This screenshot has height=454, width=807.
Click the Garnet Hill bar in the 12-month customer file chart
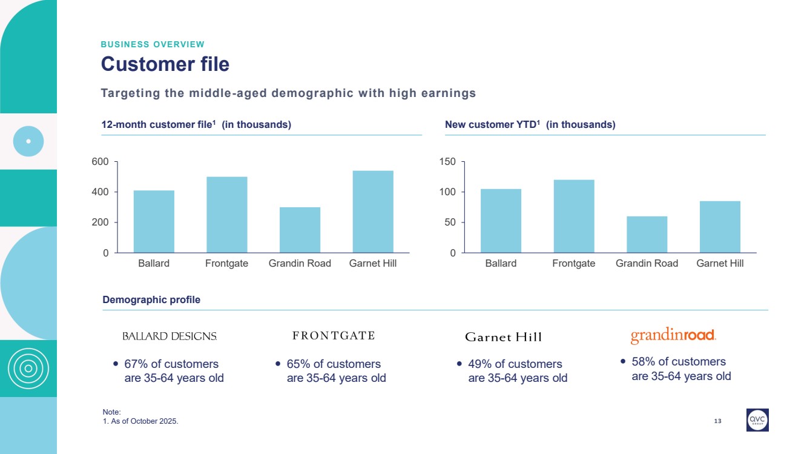click(x=372, y=212)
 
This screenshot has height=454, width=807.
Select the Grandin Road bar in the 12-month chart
click(x=300, y=230)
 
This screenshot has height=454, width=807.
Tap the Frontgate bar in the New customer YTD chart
click(x=574, y=216)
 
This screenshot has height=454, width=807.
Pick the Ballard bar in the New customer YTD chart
click(x=501, y=221)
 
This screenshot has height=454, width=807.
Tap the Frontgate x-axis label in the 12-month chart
click(x=226, y=264)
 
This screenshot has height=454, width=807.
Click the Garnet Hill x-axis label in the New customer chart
click(x=720, y=264)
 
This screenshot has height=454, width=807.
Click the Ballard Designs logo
click(x=170, y=336)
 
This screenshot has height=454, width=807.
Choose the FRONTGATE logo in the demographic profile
click(x=334, y=336)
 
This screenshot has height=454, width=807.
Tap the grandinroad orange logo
click(x=673, y=336)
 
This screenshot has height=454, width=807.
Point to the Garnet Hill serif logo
click(x=503, y=337)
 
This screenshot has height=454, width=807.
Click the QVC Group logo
click(x=757, y=419)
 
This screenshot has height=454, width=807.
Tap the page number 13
click(x=718, y=421)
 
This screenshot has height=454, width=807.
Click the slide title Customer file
click(x=165, y=64)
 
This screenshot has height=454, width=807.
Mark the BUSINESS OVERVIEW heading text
click(x=153, y=44)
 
